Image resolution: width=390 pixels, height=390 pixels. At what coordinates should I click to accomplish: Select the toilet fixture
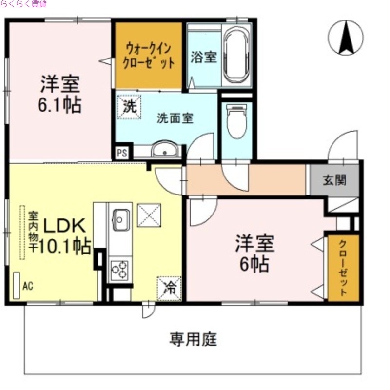(237, 122)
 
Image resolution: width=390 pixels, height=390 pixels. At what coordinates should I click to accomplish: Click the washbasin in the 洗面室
(165, 151)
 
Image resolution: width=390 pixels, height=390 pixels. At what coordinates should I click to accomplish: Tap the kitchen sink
(121, 219)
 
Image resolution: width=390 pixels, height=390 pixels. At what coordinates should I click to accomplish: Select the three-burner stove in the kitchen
(120, 271)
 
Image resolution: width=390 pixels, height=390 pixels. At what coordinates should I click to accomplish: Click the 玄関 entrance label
(335, 180)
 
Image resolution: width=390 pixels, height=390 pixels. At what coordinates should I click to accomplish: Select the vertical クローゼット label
(343, 268)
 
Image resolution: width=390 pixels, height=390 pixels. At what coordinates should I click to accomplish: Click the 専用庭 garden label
(193, 339)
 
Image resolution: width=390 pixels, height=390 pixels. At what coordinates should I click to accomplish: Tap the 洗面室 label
(175, 118)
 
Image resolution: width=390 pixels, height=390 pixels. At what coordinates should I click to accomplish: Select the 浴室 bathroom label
(203, 57)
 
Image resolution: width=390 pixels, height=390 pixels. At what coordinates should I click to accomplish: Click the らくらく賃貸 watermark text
(24, 4)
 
